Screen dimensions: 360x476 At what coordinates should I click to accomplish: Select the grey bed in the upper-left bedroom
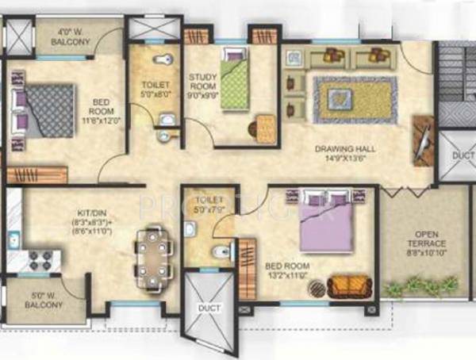44,110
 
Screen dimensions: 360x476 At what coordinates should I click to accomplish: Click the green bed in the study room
235,79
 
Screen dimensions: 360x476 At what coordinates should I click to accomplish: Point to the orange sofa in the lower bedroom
347,285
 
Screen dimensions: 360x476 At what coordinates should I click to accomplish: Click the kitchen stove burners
36,259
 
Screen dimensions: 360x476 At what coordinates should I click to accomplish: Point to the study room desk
264,126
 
